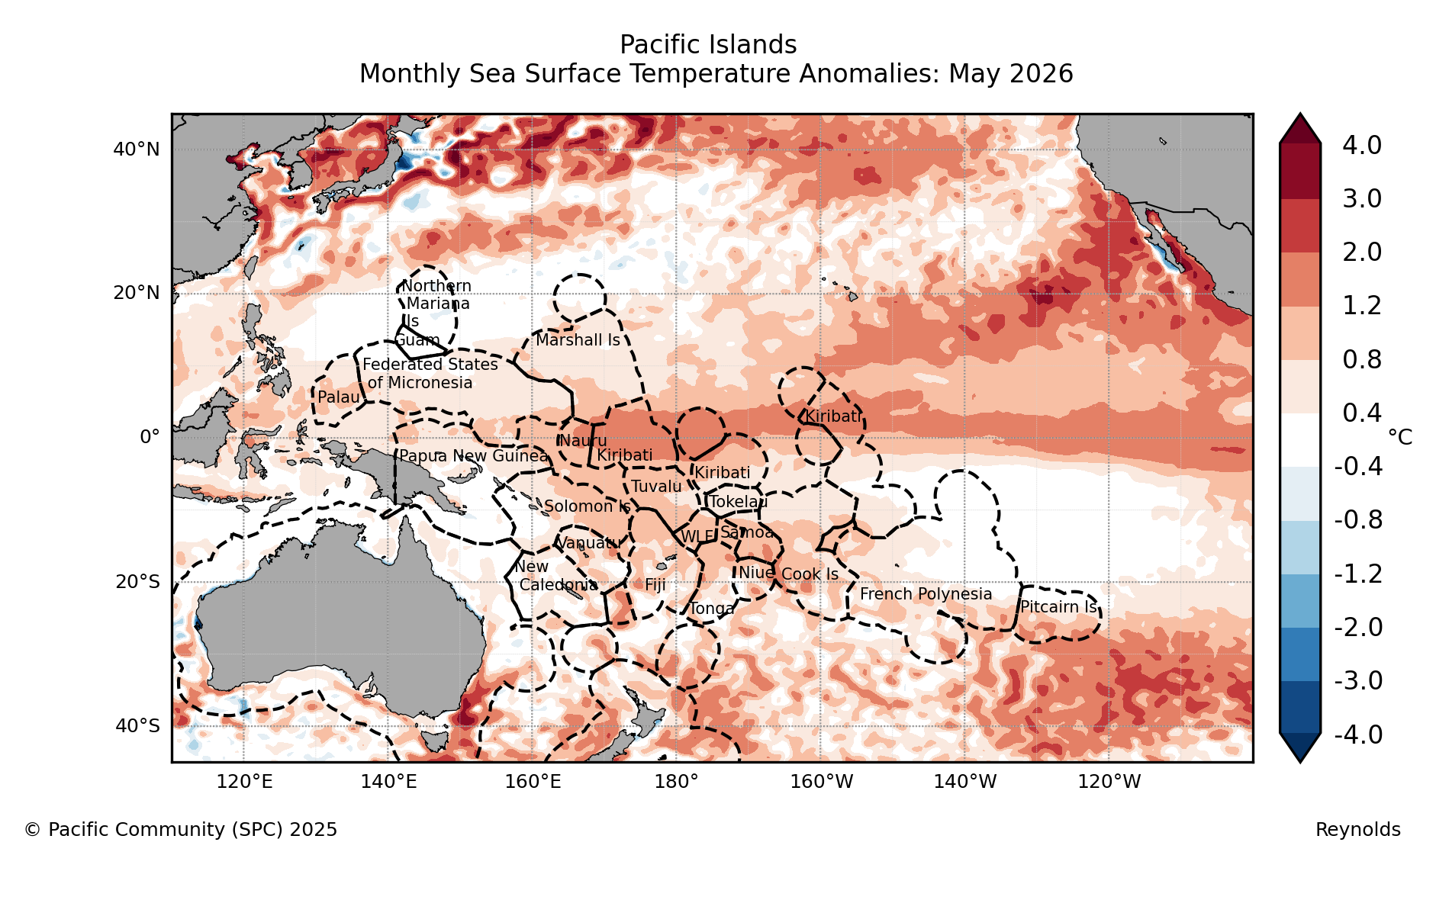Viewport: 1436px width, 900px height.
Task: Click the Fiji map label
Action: (655, 585)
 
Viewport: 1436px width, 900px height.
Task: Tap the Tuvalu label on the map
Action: (656, 487)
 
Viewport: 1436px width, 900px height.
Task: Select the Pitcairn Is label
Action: (1059, 607)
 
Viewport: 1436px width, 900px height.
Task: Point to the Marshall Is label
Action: (578, 340)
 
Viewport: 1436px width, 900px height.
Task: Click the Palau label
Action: (339, 397)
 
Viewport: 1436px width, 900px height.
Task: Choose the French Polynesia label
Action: (926, 594)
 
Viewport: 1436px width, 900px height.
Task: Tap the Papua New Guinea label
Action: (474, 456)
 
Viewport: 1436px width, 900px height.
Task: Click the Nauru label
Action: (583, 441)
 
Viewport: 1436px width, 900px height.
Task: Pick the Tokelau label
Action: (739, 502)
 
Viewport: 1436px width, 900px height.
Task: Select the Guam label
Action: (417, 340)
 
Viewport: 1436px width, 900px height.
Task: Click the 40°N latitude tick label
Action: (137, 149)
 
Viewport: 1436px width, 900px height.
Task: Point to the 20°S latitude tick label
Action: (138, 582)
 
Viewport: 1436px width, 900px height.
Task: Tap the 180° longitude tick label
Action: (676, 782)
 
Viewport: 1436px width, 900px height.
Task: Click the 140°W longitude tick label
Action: (964, 782)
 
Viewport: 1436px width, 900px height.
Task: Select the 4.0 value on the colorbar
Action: (1362, 145)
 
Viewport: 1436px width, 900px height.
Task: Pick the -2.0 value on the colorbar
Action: (1358, 628)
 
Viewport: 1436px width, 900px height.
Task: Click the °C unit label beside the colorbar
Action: (1400, 437)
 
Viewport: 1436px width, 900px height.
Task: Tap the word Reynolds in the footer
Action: (1358, 830)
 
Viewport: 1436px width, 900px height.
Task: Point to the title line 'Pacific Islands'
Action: (708, 45)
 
